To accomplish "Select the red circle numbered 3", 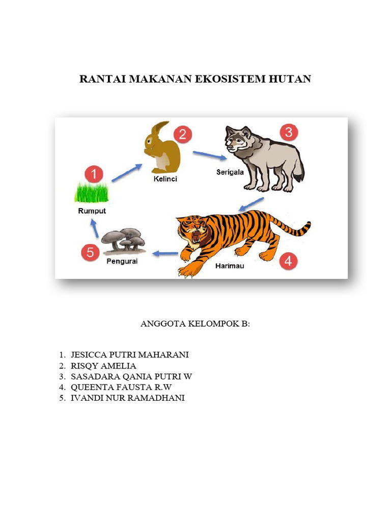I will pos(288,133).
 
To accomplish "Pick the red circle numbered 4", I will pos(288,262).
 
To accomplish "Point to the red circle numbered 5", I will pos(90,252).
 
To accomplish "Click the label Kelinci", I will pos(165,179).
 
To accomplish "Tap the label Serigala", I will pos(230,172).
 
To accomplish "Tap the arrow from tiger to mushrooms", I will pos(165,253).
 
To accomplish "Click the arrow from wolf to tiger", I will pos(252,204).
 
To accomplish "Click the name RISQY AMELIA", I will pos(103,366).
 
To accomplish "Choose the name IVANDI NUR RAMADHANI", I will pos(128,398).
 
